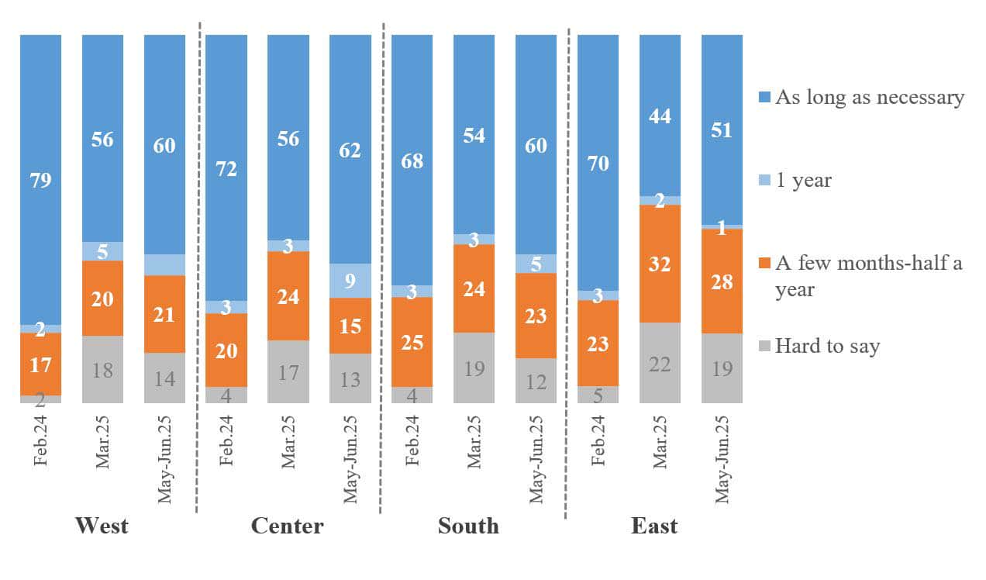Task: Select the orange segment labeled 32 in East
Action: pyautogui.click(x=660, y=263)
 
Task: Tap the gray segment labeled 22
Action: pyautogui.click(x=660, y=362)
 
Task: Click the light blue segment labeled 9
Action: pyautogui.click(x=350, y=281)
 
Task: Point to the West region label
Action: pyautogui.click(x=102, y=526)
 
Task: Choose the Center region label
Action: pyautogui.click(x=287, y=526)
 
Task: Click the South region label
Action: pyautogui.click(x=468, y=526)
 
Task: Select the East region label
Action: pyautogui.click(x=654, y=526)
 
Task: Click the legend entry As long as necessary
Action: pyautogui.click(x=870, y=98)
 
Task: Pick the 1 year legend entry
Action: pyautogui.click(x=803, y=181)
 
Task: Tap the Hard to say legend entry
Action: pyautogui.click(x=827, y=346)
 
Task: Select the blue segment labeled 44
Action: pyautogui.click(x=660, y=116)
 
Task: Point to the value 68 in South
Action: pyautogui.click(x=412, y=163)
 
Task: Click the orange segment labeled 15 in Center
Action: pyautogui.click(x=350, y=326)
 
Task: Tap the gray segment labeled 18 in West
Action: pyautogui.click(x=102, y=369)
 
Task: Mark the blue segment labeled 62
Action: pyautogui.click(x=350, y=150)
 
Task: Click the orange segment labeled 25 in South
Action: pyautogui.click(x=412, y=341)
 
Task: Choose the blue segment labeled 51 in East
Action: pyautogui.click(x=722, y=129)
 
